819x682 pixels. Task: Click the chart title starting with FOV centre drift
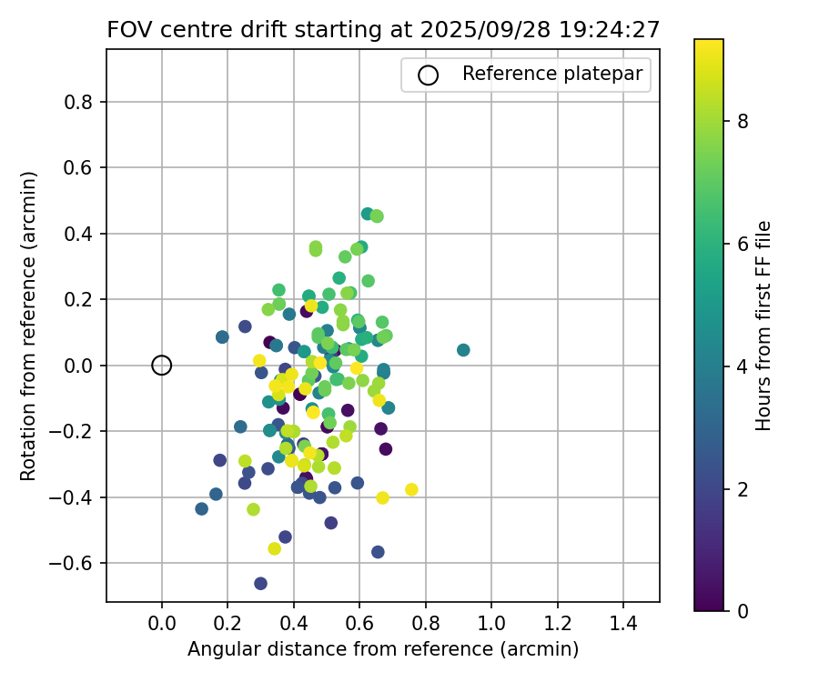[x=382, y=29]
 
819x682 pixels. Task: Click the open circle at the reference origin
[x=162, y=366]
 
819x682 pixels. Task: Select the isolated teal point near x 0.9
[x=463, y=350]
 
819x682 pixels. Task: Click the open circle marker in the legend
[x=429, y=75]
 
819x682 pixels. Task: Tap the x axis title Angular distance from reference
[x=383, y=649]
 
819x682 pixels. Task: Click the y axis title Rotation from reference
[x=29, y=326]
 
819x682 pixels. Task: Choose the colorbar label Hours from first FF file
[x=763, y=326]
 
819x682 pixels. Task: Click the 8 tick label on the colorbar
[x=743, y=121]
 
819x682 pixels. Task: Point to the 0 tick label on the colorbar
[x=743, y=610]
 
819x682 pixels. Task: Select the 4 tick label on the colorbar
[x=743, y=366]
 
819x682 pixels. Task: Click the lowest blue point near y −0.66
[x=260, y=583]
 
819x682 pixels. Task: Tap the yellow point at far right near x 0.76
[x=411, y=489]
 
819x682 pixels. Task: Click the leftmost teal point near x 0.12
[x=201, y=509]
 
